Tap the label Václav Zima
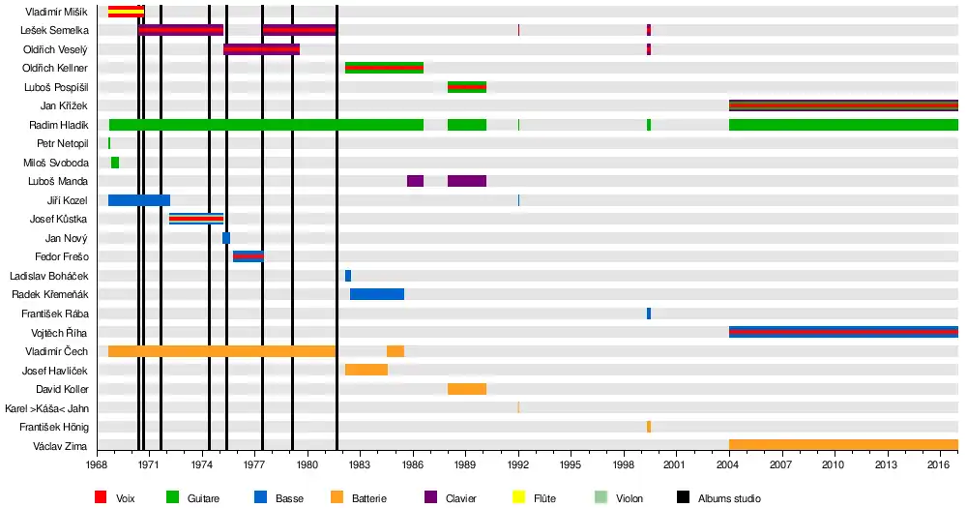(x=61, y=445)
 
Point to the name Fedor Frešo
(x=61, y=256)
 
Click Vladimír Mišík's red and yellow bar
(x=126, y=12)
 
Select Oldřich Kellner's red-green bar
(x=384, y=68)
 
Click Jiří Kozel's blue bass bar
(x=139, y=200)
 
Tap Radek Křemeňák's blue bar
(x=377, y=294)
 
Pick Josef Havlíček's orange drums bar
(x=366, y=370)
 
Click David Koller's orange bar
(x=467, y=389)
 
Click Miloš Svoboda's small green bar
(x=115, y=163)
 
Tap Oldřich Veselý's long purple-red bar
(x=261, y=49)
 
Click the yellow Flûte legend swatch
(x=517, y=497)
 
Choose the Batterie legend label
(x=368, y=498)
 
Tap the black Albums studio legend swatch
(x=683, y=497)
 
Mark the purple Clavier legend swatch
(x=430, y=497)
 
